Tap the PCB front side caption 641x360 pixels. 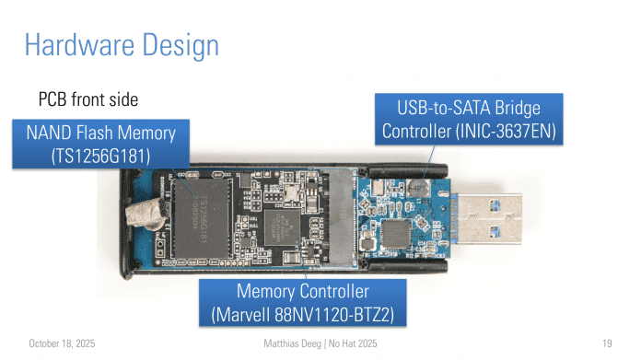click(88, 99)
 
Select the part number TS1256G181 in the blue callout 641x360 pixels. click(100, 157)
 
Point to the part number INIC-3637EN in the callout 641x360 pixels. click(506, 131)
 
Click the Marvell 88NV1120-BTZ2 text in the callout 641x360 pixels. click(302, 315)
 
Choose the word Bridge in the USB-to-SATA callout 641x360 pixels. click(518, 108)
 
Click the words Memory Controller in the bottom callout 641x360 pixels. click(302, 291)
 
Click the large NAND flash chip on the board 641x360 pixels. click(202, 218)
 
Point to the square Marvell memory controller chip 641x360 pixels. click(282, 227)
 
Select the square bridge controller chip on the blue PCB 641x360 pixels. click(395, 234)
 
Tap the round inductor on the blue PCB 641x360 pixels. click(418, 188)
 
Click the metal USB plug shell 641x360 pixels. click(490, 219)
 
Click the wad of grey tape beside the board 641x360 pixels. click(146, 215)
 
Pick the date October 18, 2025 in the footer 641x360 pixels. click(62, 343)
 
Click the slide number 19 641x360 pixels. click(607, 343)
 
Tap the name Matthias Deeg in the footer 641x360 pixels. click(292, 343)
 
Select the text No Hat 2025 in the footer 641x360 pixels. click(353, 343)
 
